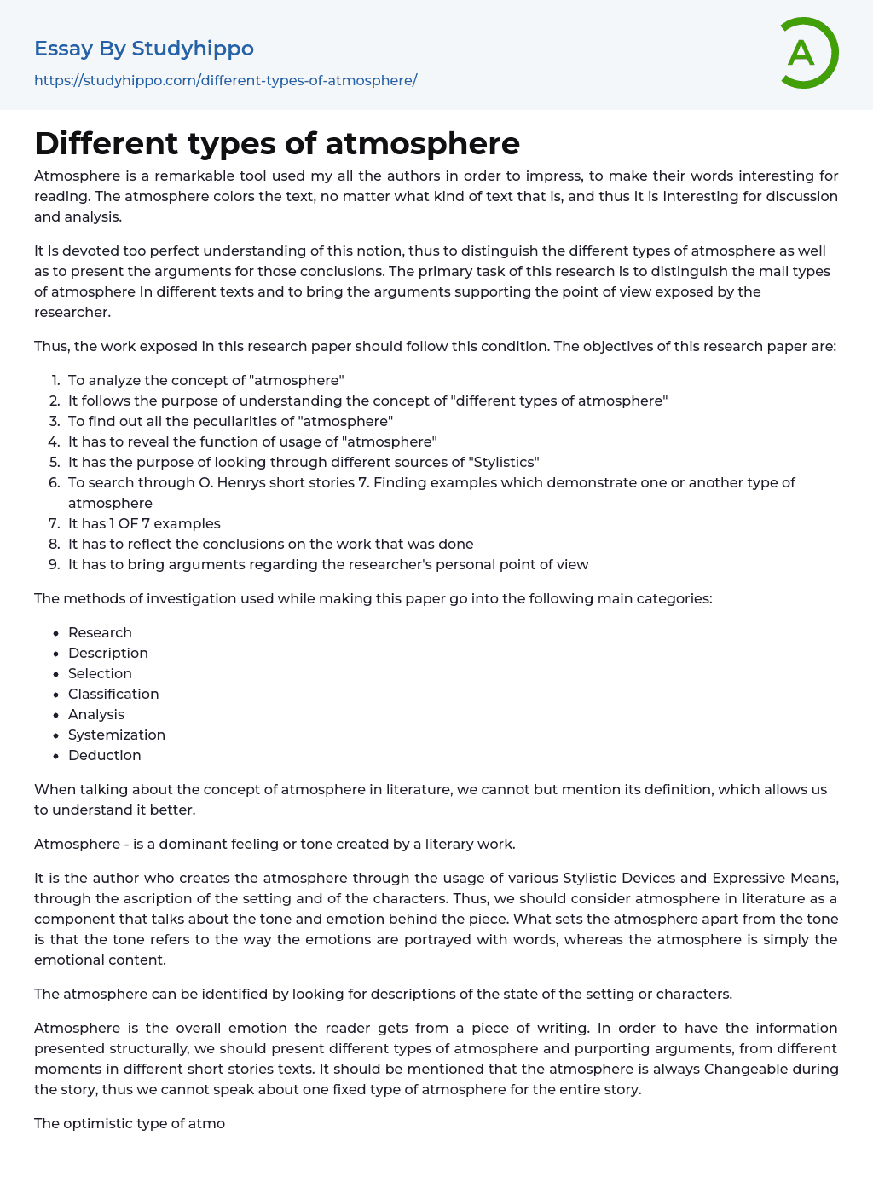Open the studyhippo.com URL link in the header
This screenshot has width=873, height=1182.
[225, 80]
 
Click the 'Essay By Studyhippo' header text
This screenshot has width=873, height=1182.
[144, 49]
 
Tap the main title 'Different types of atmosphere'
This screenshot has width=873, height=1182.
[277, 143]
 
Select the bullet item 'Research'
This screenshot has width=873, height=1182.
[100, 632]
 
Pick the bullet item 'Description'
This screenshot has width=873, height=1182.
[108, 653]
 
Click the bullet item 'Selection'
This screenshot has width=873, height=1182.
[100, 673]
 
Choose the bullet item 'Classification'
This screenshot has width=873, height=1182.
[113, 694]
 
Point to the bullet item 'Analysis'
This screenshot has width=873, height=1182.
[96, 714]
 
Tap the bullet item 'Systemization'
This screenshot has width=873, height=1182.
[117, 735]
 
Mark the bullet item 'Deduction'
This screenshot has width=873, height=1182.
[105, 755]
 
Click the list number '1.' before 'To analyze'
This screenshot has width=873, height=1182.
[55, 380]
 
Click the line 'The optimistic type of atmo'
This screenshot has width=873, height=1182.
[130, 1123]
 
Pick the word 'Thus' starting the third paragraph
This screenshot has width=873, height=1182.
[50, 346]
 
